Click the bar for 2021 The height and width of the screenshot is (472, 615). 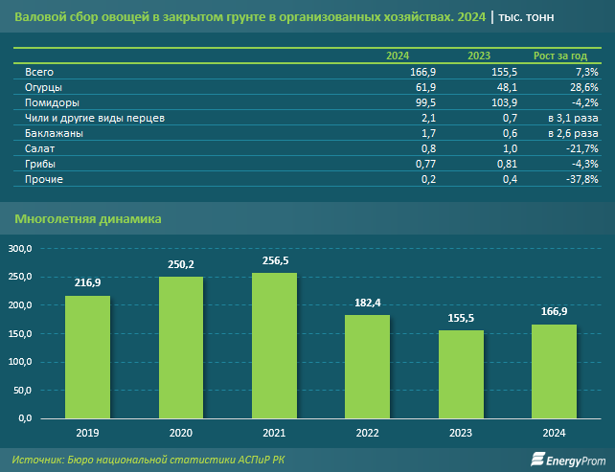tap(274, 346)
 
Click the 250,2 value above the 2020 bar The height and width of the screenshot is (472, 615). tap(181, 264)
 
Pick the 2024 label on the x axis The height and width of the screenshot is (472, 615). tap(554, 433)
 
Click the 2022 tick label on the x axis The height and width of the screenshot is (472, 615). tap(367, 433)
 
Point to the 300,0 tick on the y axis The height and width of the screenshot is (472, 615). tap(20, 249)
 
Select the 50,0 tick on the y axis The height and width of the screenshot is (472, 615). tap(22, 392)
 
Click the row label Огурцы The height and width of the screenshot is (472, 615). tap(44, 87)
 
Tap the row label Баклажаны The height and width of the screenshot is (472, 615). tap(54, 133)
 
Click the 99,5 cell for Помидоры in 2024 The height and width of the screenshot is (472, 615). tap(422, 102)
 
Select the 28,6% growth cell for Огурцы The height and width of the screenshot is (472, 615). tap(581, 87)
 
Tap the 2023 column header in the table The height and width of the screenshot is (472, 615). tap(479, 56)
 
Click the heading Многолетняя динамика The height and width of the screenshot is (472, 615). tap(88, 219)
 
